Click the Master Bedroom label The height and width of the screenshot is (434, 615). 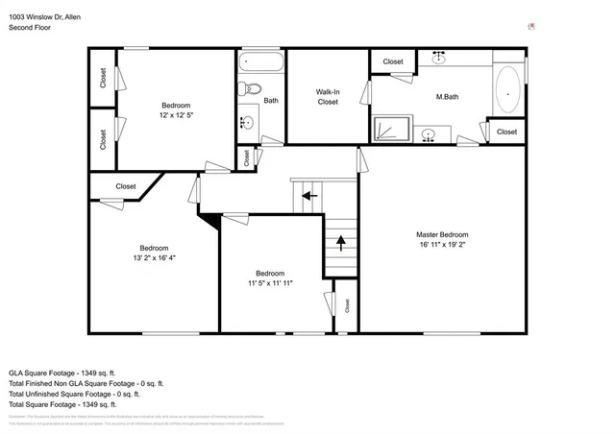442,234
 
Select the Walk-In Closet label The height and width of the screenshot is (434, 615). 328,96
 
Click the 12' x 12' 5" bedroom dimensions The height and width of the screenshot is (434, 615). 176,115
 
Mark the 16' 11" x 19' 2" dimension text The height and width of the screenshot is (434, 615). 442,245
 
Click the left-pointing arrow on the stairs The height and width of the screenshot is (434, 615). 309,196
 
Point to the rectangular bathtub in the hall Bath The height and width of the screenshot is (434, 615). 261,63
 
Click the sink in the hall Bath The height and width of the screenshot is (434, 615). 246,123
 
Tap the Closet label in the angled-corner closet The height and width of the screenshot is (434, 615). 126,186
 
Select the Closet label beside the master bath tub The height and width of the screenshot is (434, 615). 506,132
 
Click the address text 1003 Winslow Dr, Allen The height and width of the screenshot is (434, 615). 44,16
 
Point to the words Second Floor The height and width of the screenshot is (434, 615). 30,28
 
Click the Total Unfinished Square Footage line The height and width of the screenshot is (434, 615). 74,393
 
